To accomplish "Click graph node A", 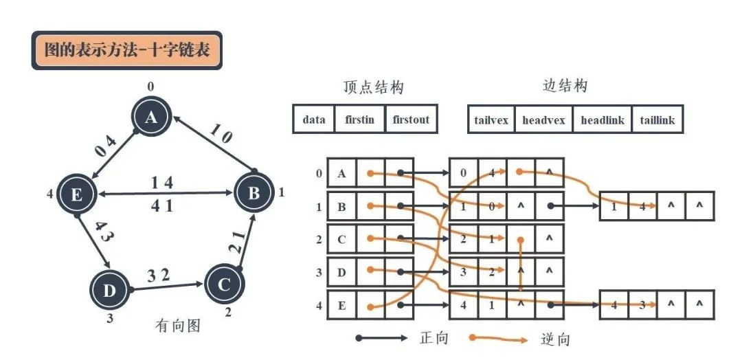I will [150, 118].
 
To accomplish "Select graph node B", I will [254, 193].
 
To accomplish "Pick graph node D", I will [109, 291].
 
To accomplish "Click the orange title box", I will [127, 50].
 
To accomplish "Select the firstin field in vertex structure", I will [360, 120].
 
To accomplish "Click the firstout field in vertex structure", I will [411, 120].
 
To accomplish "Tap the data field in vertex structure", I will [314, 120].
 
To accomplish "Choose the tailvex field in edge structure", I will [491, 120].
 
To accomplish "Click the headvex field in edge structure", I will [543, 120].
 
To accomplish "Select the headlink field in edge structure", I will [603, 120].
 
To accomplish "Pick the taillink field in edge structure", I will [657, 120].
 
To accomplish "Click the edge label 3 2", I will [159, 276].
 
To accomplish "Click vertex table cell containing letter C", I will [341, 240].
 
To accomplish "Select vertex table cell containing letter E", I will [341, 306].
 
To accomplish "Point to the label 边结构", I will [565, 86].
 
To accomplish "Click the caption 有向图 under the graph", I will [177, 326].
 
